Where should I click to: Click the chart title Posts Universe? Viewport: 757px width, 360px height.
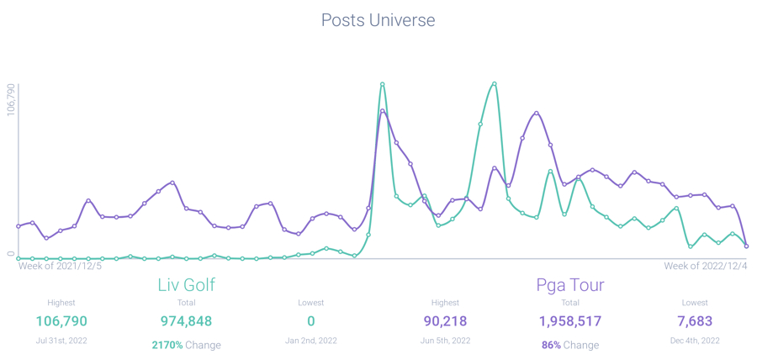pyautogui.click(x=378, y=19)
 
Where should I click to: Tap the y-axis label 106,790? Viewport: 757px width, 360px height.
pyautogui.click(x=11, y=100)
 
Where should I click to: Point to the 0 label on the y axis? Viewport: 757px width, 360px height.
pyautogui.click(x=11, y=253)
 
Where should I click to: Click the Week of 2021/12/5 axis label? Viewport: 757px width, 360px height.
pyautogui.click(x=60, y=266)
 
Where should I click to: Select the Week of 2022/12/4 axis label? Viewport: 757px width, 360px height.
pyautogui.click(x=705, y=266)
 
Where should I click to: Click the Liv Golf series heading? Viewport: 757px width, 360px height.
pyautogui.click(x=187, y=284)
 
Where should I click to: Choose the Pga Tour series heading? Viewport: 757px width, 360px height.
pyautogui.click(x=570, y=284)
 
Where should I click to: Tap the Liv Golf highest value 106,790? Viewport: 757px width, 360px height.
pyautogui.click(x=61, y=321)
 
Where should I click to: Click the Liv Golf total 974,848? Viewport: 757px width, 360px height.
pyautogui.click(x=186, y=321)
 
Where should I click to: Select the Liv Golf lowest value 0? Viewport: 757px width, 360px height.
pyautogui.click(x=311, y=321)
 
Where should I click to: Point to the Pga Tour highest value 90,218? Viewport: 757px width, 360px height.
pyautogui.click(x=446, y=321)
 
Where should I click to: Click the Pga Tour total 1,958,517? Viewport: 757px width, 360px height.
pyautogui.click(x=570, y=321)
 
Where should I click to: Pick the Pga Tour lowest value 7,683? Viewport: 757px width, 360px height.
pyautogui.click(x=696, y=321)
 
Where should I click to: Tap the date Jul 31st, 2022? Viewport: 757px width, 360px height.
pyautogui.click(x=61, y=341)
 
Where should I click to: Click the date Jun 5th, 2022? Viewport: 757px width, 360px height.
pyautogui.click(x=446, y=341)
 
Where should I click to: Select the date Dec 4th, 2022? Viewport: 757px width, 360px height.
pyautogui.click(x=696, y=341)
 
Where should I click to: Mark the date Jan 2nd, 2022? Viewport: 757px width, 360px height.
pyautogui.click(x=311, y=341)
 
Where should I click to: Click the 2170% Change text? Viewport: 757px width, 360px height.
pyautogui.click(x=186, y=345)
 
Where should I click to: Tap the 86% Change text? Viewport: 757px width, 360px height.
pyautogui.click(x=570, y=345)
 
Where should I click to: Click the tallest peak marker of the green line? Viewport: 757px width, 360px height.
pyautogui.click(x=383, y=84)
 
